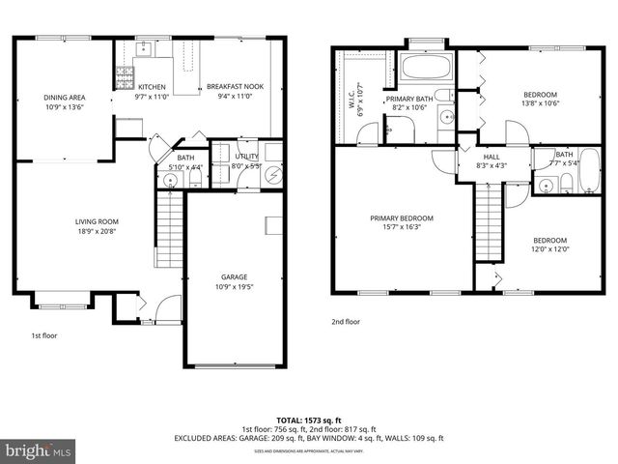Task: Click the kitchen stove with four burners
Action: (124, 72)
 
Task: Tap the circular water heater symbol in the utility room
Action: (274, 175)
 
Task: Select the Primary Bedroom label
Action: (402, 217)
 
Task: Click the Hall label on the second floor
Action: (492, 155)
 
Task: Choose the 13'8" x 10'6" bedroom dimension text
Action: (540, 103)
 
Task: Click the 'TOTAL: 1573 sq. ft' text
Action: (309, 420)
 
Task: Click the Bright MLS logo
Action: (39, 451)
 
